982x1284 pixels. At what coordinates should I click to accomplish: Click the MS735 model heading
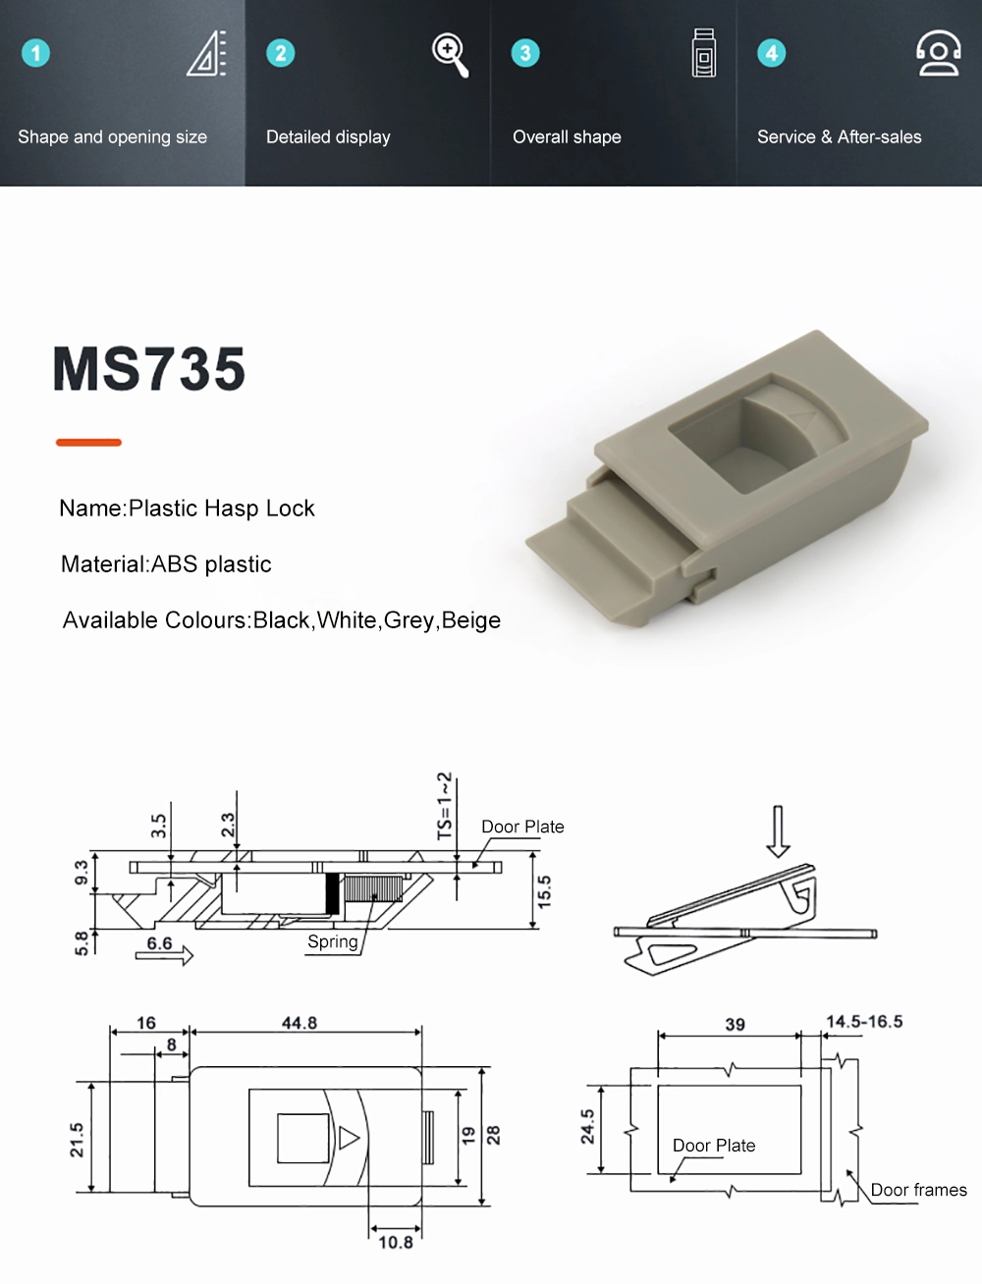pos(148,369)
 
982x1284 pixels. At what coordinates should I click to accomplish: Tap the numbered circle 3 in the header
pos(525,53)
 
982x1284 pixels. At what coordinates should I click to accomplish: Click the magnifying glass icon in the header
pos(450,54)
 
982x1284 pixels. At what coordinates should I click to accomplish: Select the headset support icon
pos(938,53)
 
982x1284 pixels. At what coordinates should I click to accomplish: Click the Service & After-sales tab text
pos(839,137)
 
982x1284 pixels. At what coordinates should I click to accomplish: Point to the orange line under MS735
pos(88,443)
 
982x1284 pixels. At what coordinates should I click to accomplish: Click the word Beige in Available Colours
pos(471,620)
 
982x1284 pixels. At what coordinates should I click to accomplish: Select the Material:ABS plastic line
pos(166,564)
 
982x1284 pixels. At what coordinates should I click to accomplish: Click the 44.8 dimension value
pos(300,1023)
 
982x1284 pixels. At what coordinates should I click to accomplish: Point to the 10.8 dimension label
pos(396,1243)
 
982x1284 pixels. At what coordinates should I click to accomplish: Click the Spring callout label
pos(332,942)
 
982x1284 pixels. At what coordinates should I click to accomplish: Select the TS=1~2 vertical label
pos(445,806)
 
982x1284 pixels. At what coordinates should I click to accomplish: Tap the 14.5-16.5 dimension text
pos(864,1022)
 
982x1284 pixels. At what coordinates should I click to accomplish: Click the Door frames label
pos(918,1191)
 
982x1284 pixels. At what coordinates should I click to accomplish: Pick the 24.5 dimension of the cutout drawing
pos(587,1127)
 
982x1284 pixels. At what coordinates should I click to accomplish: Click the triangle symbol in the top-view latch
pos(349,1138)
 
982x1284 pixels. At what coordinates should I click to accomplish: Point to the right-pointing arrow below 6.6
pos(165,955)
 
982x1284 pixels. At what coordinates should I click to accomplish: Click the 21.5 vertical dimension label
pos(77,1140)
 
